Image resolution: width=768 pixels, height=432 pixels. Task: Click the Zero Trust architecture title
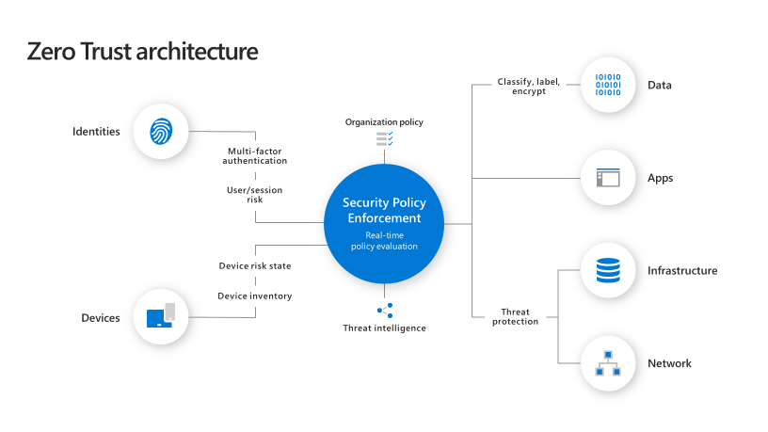click(142, 52)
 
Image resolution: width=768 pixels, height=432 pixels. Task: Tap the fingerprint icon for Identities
click(161, 131)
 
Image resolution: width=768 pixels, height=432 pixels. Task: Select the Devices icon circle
click(161, 317)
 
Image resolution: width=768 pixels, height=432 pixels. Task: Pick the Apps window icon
click(608, 178)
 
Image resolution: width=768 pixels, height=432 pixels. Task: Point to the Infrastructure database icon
click(608, 271)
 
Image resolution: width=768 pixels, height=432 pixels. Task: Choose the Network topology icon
click(608, 363)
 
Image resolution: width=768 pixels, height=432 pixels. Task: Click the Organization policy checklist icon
click(384, 139)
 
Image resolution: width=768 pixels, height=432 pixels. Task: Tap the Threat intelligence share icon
click(384, 310)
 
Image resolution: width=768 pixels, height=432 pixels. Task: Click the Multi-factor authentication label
click(255, 156)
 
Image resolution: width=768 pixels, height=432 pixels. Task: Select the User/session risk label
click(255, 195)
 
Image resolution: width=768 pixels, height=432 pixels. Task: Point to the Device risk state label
click(255, 266)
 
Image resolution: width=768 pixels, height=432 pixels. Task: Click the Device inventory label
click(255, 296)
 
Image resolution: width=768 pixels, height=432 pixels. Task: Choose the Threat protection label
click(516, 317)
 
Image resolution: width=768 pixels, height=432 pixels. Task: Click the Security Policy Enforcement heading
click(384, 210)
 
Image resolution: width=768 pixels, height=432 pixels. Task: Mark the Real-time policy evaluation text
click(384, 241)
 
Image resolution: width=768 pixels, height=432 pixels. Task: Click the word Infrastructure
click(682, 271)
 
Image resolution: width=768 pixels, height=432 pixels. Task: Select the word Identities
click(96, 132)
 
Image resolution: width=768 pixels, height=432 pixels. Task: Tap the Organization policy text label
click(384, 122)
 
